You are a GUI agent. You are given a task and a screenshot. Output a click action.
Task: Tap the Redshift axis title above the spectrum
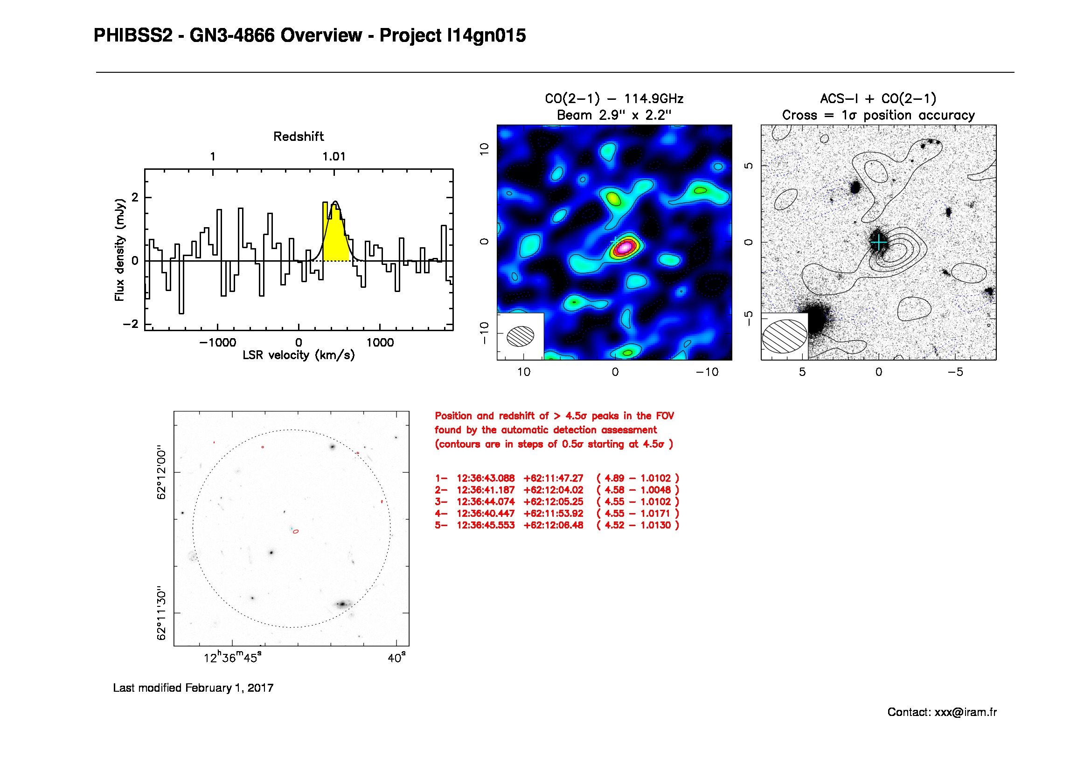coord(299,137)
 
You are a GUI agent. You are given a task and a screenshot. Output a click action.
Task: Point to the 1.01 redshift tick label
coord(334,157)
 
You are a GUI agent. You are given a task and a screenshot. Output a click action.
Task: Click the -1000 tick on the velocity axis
coord(218,342)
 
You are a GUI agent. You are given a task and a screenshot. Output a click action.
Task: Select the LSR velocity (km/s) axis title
coord(299,355)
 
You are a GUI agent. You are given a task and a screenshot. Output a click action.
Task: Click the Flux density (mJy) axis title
coord(119,250)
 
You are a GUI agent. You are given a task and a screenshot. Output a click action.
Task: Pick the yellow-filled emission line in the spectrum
coord(336,237)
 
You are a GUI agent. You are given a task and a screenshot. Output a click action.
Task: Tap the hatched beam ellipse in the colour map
coord(521,336)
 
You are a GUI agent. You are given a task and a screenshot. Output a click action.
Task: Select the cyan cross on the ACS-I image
coord(879,243)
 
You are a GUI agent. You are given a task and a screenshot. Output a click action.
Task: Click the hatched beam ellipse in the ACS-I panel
coord(785,336)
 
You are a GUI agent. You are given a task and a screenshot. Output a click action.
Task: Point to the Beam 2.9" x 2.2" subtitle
coord(614,115)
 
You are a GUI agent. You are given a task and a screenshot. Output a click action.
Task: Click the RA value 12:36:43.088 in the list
coord(485,479)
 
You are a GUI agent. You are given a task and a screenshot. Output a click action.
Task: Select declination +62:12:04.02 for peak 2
coord(553,490)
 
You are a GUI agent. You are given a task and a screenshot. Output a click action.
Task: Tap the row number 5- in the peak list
coord(440,525)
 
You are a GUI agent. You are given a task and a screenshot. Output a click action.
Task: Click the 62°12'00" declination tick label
coord(162,472)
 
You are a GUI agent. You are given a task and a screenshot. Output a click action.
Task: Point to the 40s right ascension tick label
coord(397,659)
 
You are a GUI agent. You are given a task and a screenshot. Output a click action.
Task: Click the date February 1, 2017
coord(229,688)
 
